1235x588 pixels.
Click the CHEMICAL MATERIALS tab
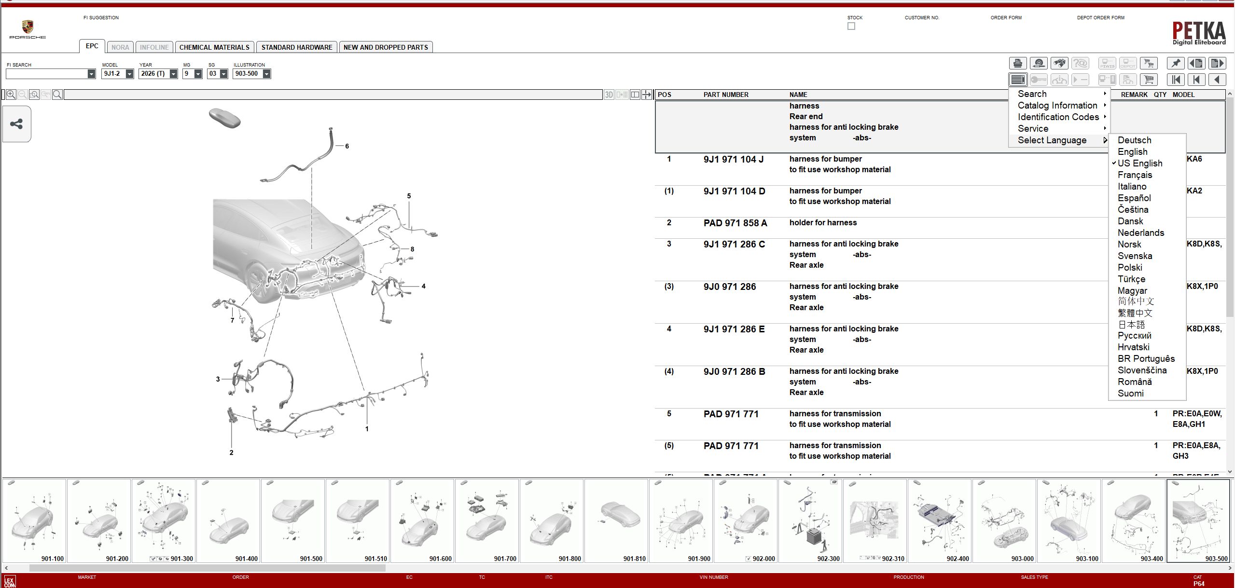pyautogui.click(x=214, y=47)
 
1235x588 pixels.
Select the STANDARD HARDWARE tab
pyautogui.click(x=296, y=47)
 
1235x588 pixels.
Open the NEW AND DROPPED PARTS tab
pyautogui.click(x=385, y=47)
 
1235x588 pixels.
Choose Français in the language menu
pyautogui.click(x=1135, y=175)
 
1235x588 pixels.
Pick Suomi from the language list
pyautogui.click(x=1130, y=394)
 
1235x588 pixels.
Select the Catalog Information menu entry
pyautogui.click(x=1057, y=106)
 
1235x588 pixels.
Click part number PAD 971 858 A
pyautogui.click(x=735, y=223)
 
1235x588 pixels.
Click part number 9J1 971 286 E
pyautogui.click(x=734, y=329)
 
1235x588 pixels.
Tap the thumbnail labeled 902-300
pyautogui.click(x=810, y=521)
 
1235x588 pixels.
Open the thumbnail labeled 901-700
pyautogui.click(x=486, y=521)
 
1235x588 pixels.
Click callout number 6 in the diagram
pyautogui.click(x=347, y=146)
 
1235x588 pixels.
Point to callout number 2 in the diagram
pyautogui.click(x=231, y=452)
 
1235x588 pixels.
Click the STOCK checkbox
pyautogui.click(x=851, y=26)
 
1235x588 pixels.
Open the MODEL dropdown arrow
pyautogui.click(x=129, y=74)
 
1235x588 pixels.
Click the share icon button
pyautogui.click(x=16, y=124)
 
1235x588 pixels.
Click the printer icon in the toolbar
pyautogui.click(x=1017, y=63)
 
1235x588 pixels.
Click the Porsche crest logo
pyautogui.click(x=28, y=27)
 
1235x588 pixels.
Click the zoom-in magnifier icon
pyautogui.click(x=11, y=95)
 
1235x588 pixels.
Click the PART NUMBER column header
pyautogui.click(x=725, y=95)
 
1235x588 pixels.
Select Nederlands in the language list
pyautogui.click(x=1140, y=233)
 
